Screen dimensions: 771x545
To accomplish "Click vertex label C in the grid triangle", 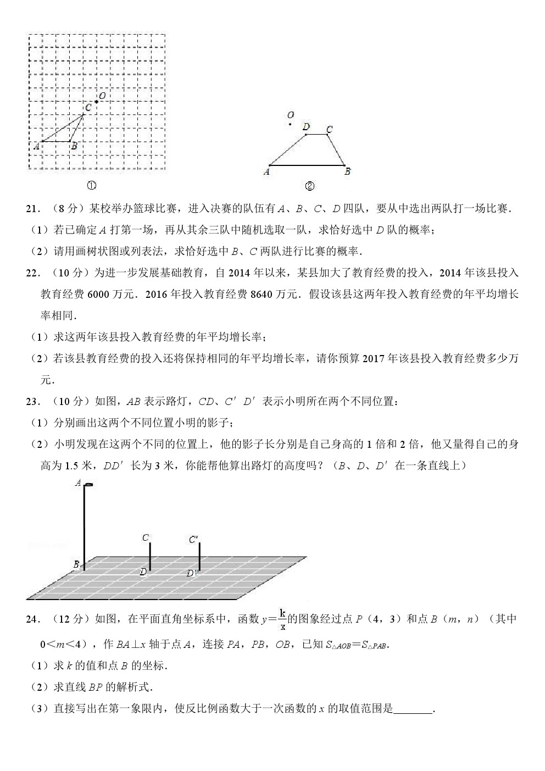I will [88, 108].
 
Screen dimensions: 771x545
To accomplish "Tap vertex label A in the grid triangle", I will [36, 146].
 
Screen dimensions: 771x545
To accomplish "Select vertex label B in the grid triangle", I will [74, 146].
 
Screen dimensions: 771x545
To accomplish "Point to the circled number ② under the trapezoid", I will [309, 186].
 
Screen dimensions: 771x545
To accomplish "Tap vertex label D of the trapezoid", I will [306, 127].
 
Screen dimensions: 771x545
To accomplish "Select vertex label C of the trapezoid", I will [329, 130].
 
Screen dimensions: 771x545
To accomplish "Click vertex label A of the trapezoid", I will [266, 171].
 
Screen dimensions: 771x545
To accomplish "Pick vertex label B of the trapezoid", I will [347, 171].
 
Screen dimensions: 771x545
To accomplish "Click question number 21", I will [34, 209].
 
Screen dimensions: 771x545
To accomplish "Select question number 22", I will [34, 273].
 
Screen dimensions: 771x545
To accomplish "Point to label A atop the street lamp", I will [78, 483].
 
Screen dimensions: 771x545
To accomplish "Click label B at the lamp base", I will [76, 564].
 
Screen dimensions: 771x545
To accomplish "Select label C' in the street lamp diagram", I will [193, 540].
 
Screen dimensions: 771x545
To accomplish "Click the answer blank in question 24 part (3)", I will [414, 709].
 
